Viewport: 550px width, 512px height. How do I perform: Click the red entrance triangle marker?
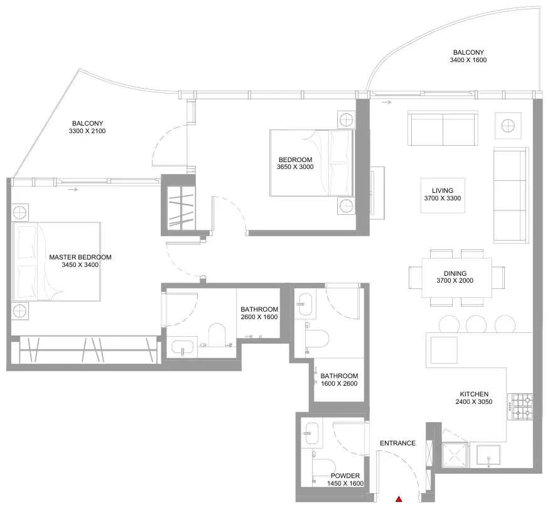coord(399,499)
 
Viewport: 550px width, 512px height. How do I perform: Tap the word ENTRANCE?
coord(397,444)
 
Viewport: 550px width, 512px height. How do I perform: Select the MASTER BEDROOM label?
coord(80,257)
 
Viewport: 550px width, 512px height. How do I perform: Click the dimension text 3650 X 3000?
coord(295,167)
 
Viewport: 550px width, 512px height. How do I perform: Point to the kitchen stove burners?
coord(522,406)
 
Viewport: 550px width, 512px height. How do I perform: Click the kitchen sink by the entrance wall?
coord(488,456)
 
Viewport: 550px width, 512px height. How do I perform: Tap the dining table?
coord(456,277)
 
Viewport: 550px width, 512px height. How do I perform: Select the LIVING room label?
coord(442,190)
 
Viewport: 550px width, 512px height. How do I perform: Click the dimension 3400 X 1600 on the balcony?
coord(468,60)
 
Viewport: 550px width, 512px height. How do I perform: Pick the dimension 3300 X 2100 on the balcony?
coord(87,131)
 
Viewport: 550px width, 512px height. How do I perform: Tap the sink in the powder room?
coord(310,433)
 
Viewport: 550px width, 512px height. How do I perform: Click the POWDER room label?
coord(345,476)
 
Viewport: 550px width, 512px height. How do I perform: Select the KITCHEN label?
coord(474,394)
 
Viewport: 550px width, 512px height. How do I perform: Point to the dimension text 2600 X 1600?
coord(259,317)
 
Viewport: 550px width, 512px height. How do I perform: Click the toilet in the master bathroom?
coord(217,335)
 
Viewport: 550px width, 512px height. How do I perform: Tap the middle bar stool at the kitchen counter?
coord(476,324)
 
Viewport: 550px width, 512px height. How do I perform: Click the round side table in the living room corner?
coord(508,126)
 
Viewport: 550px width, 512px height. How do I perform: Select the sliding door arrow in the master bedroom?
coord(73,190)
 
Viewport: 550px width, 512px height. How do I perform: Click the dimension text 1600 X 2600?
coord(339,384)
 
